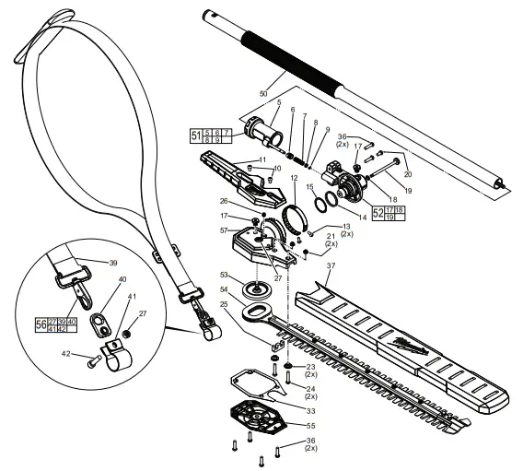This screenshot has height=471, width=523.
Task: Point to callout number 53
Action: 223,275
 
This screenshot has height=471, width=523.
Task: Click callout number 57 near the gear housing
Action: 223,230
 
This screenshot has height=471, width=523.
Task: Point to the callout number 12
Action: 293,177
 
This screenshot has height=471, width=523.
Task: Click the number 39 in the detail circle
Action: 113,263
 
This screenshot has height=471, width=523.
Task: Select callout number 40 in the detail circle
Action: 122,278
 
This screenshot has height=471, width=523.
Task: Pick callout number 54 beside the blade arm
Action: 223,290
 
